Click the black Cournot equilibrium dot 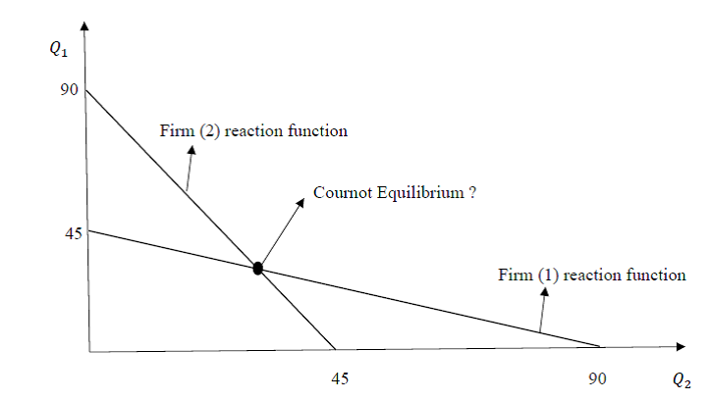click(258, 268)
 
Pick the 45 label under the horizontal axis click(339, 376)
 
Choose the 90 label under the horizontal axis click(597, 376)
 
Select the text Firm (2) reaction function click(253, 130)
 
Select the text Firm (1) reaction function click(591, 275)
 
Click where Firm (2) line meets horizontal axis click(335, 349)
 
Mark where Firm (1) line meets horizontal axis click(601, 347)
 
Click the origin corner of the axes click(88, 350)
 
